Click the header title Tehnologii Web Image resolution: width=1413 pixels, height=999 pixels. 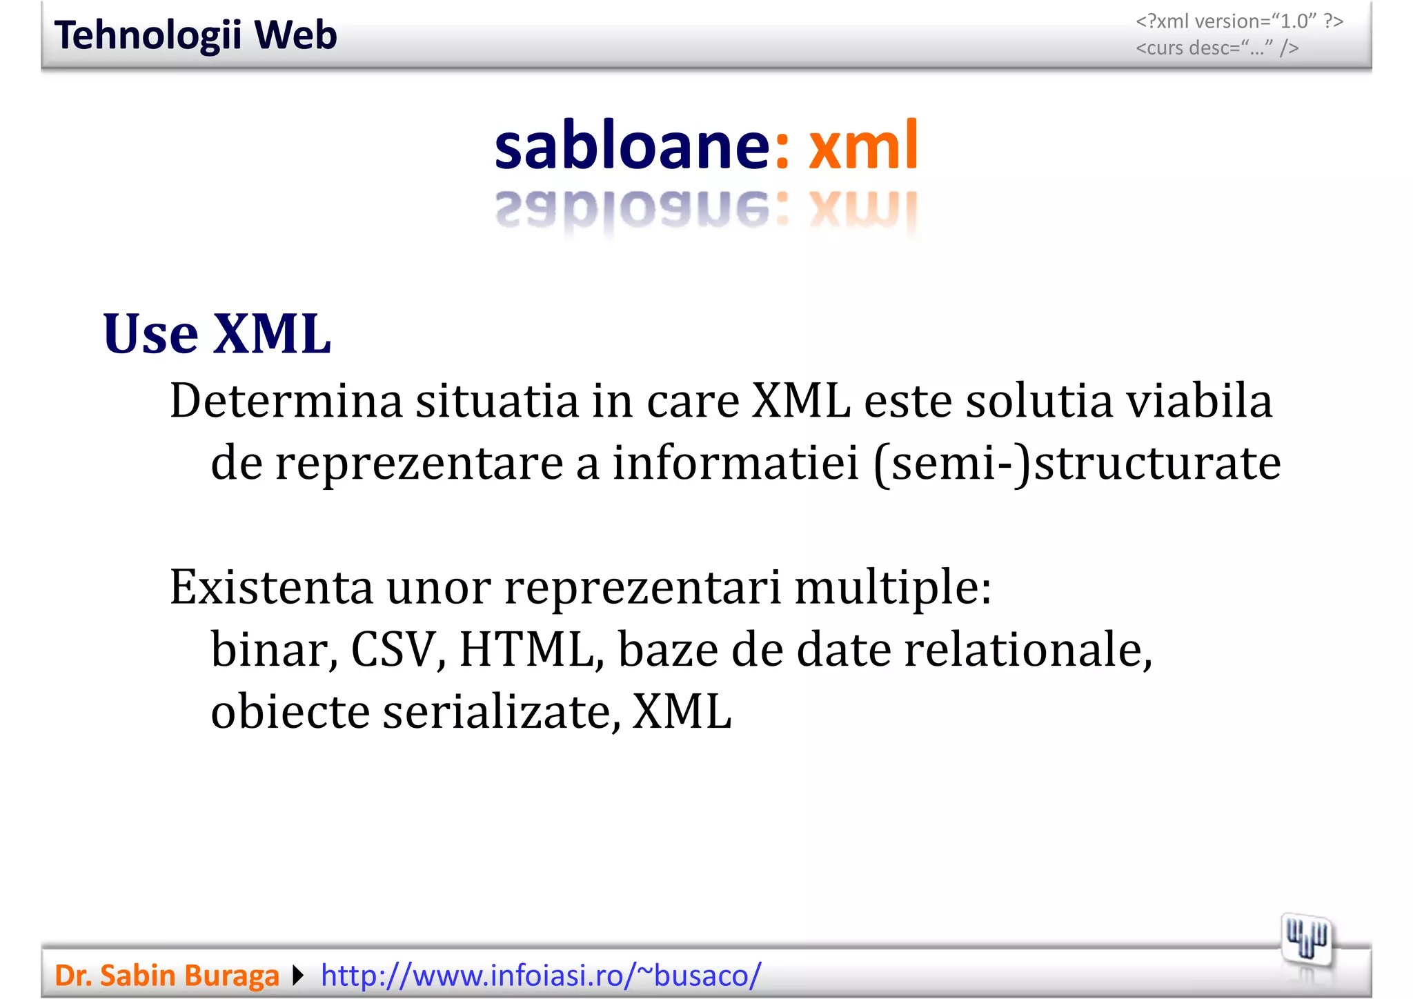click(195, 35)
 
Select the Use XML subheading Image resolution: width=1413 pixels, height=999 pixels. click(217, 334)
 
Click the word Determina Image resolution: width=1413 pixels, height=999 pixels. click(286, 401)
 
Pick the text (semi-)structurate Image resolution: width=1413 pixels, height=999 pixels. click(1077, 463)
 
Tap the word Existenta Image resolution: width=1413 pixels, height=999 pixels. click(271, 587)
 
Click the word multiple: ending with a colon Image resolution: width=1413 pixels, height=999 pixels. click(893, 587)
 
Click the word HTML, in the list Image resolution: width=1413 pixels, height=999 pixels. click(531, 649)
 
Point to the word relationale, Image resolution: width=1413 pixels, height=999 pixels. click(1028, 649)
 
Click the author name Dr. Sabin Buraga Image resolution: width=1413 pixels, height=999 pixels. click(166, 976)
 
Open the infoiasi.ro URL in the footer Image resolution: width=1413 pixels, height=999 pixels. click(541, 976)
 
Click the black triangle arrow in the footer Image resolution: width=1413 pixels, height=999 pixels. click(298, 976)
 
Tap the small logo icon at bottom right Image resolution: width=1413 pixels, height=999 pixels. click(1306, 940)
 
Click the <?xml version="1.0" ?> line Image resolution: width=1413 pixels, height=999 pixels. click(1239, 21)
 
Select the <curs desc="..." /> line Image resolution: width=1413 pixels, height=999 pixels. click(1217, 48)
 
